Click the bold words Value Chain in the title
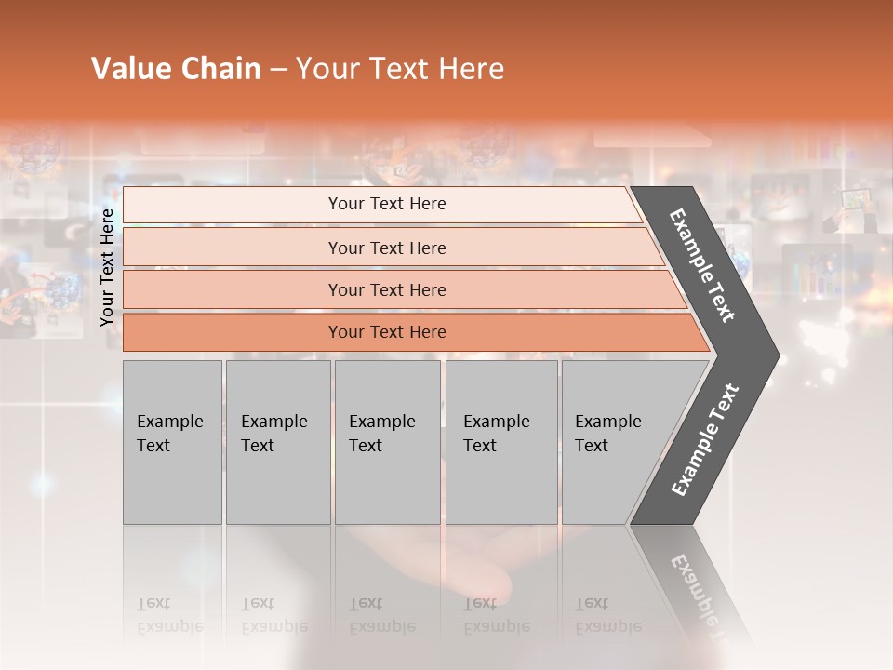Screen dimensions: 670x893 176,69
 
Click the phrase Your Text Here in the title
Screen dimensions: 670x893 400,69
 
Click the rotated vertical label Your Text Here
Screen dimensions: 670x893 108,267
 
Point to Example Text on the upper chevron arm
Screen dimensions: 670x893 703,265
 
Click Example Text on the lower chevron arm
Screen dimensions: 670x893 705,440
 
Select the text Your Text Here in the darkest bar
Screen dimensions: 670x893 387,332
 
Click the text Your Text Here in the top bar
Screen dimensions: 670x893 387,204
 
